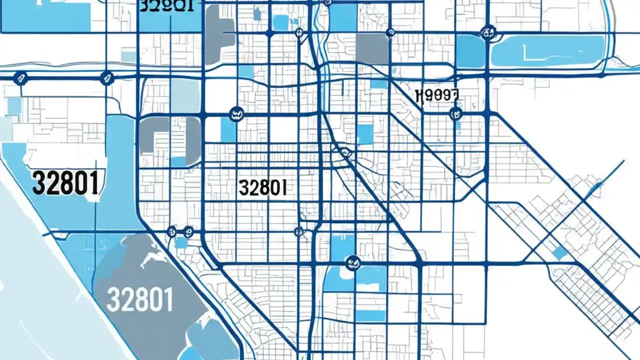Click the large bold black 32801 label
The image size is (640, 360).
65,183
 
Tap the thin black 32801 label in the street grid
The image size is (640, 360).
263,188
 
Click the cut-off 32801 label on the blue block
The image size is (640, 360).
167,6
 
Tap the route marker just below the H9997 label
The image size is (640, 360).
455,114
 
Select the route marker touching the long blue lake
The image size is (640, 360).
486,33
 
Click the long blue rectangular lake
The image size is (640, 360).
547,51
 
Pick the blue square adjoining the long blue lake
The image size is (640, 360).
470,51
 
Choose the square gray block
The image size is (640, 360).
372,48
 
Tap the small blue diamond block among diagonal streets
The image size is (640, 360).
560,252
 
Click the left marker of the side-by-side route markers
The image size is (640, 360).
171,231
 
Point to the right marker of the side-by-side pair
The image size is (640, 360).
188,231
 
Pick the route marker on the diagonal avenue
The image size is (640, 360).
344,152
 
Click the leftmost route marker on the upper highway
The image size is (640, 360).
20,77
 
